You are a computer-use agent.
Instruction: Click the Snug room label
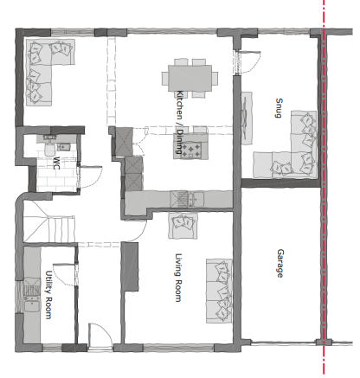tap(279, 108)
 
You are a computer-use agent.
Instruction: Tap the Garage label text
tap(280, 263)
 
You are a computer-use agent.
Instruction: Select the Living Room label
tap(178, 278)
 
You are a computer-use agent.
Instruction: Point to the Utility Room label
tap(48, 294)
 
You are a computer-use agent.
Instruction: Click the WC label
tap(56, 163)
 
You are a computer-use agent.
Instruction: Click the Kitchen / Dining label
tap(180, 123)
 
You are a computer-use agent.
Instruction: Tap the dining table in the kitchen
tap(190, 78)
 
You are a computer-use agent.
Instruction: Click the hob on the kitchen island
tap(190, 150)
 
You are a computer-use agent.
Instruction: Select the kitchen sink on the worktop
tap(187, 199)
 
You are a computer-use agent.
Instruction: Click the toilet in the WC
tap(50, 147)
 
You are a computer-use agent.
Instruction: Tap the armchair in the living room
tap(183, 226)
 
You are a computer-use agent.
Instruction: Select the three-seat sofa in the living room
tap(219, 291)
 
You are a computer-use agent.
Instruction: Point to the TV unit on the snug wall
tap(247, 118)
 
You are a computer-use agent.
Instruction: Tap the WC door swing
tap(90, 177)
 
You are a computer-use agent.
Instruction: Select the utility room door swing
tap(65, 274)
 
